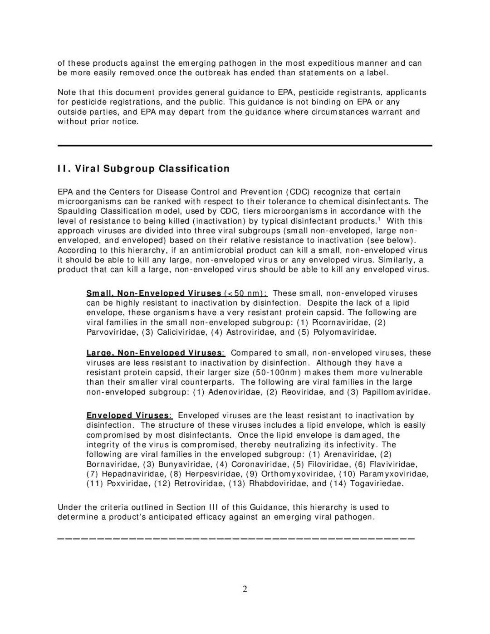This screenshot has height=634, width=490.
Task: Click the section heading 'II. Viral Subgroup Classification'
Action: [143, 169]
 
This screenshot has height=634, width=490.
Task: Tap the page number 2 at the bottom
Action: [245, 589]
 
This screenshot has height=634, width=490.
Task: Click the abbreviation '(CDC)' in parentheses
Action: [298, 192]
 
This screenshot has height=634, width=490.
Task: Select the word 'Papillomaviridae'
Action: [396, 392]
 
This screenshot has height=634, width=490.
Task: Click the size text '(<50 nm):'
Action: [245, 293]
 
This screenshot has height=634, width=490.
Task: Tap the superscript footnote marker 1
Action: [379, 219]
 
